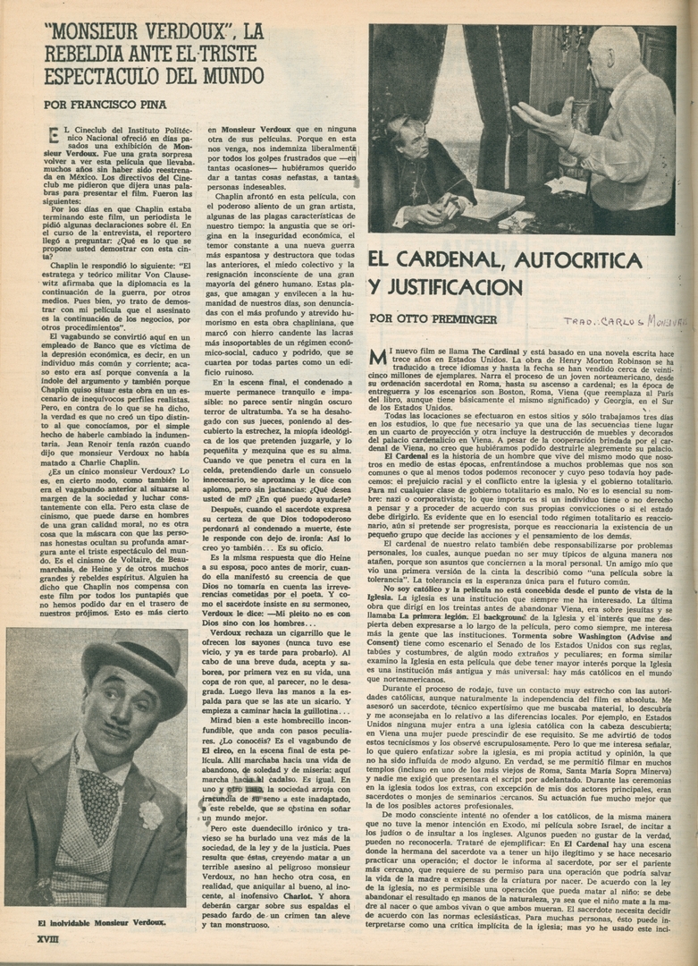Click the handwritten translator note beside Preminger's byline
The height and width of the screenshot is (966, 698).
[625, 319]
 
